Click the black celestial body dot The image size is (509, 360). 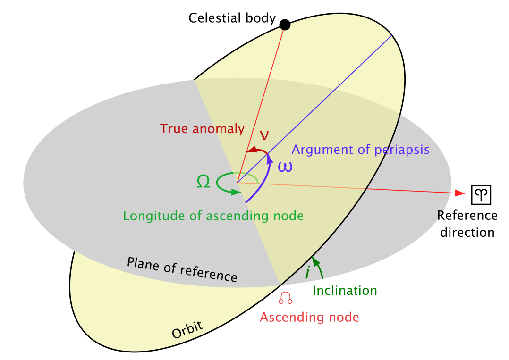pos(285,25)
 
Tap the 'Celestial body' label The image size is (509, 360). pos(232,18)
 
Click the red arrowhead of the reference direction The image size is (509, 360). pos(458,193)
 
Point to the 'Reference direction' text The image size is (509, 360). pos(467,224)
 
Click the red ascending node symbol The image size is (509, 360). pos(286,297)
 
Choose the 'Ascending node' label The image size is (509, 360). pos(309,317)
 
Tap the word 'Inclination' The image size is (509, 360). pos(345,290)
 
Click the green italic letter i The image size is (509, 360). pos(307,272)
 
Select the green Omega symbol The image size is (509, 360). pos(203,182)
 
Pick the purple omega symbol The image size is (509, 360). pos(284,167)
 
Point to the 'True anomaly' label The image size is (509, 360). pos(202,128)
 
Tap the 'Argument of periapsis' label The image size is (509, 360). pos(360,150)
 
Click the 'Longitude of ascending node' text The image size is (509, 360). pos(213,216)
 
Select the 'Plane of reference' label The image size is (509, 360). pos(182,269)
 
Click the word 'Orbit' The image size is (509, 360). pos(187,330)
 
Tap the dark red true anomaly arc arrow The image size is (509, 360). pos(258,150)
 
